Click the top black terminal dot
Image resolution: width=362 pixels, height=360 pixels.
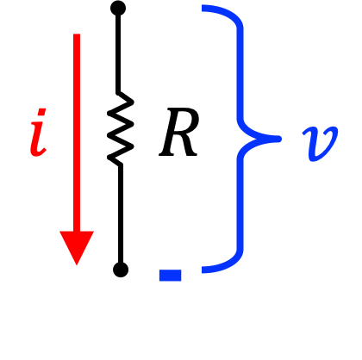(118, 9)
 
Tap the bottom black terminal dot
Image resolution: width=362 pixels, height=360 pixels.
(121, 270)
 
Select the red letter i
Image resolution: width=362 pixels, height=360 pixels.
(38, 133)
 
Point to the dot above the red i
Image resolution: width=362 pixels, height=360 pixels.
(42, 112)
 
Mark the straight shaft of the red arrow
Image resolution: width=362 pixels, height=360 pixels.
(77, 133)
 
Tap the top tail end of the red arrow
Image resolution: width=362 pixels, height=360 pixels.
(77, 34)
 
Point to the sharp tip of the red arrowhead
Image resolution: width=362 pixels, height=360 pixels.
(77, 265)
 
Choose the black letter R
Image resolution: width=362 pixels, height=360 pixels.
(179, 133)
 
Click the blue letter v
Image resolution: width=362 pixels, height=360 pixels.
(320, 144)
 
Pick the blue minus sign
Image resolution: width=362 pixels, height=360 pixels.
(171, 275)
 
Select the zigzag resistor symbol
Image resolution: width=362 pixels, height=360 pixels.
(121, 128)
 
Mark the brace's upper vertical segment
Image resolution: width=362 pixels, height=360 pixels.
(240, 73)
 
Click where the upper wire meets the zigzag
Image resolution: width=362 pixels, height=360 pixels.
(118, 93)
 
